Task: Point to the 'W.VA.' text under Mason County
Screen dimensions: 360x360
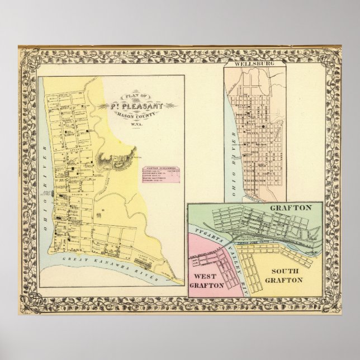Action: pos(136,124)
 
